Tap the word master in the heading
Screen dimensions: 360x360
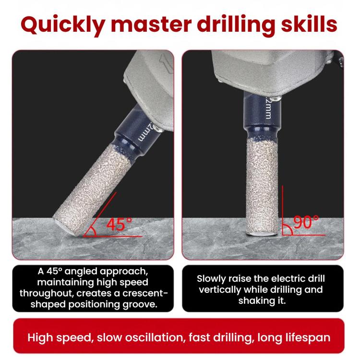point(151,24)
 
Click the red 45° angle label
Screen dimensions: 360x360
point(119,224)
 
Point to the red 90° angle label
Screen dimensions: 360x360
point(306,222)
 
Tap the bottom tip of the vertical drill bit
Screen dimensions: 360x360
point(262,234)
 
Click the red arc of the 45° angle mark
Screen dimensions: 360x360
point(94,231)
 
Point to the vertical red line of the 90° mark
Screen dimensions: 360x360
point(282,210)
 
